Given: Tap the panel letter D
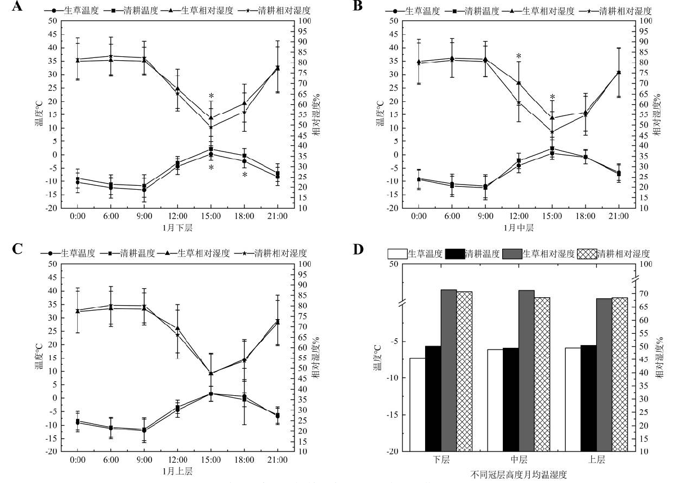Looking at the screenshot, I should pos(358,249).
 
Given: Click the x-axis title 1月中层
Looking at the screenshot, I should pos(518,228).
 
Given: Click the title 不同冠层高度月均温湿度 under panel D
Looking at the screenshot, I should pos(519,475).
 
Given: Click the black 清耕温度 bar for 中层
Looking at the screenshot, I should pos(511,399).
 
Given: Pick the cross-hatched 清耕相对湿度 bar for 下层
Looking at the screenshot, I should pos(464,371).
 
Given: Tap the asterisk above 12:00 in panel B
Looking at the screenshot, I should pos(519,56).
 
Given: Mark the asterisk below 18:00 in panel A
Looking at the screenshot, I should pos(245,175).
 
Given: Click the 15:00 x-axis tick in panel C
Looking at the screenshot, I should pos(211,460).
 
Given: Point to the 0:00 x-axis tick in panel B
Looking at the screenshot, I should pos(418,217).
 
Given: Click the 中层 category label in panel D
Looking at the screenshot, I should pos(519,460).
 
